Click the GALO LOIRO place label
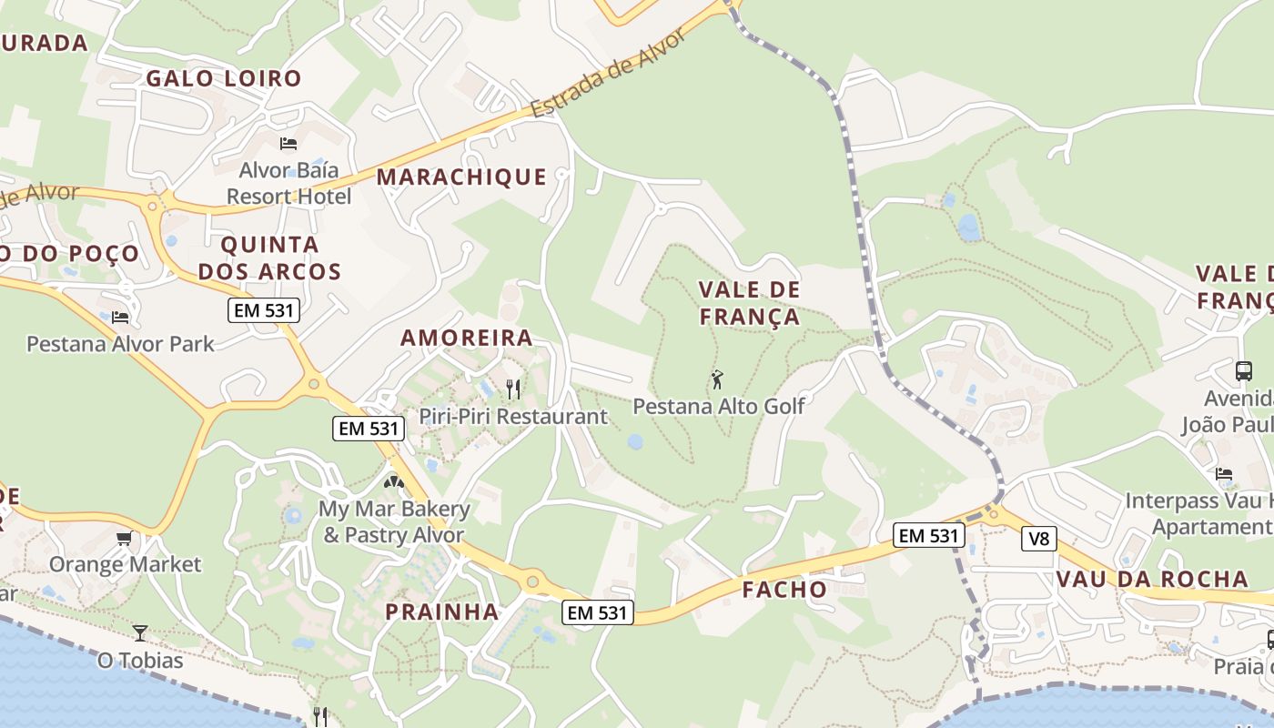click(224, 78)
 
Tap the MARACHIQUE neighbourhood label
click(461, 177)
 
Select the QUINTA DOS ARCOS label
click(269, 258)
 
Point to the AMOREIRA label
click(467, 338)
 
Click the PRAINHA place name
click(442, 612)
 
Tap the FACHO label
click(784, 590)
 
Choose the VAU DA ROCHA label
click(1152, 580)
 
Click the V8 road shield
click(1038, 539)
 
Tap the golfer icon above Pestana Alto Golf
click(717, 379)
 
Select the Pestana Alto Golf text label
click(719, 406)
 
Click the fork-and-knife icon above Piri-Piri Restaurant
click(513, 389)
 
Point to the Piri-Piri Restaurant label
click(513, 417)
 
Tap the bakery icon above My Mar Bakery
click(394, 482)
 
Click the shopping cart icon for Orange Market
click(125, 538)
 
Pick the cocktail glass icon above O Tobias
click(140, 632)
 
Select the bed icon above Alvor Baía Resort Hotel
click(288, 144)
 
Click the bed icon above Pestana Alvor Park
click(120, 318)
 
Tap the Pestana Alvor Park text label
click(120, 344)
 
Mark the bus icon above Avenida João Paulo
click(1244, 371)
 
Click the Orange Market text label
click(125, 564)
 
